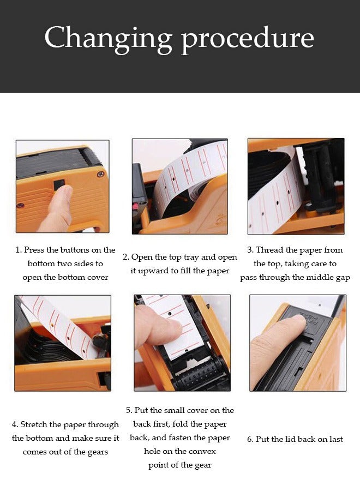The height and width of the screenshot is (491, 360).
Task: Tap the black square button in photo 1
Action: pyautogui.click(x=58, y=184)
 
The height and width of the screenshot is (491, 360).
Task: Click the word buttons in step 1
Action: pyautogui.click(x=75, y=250)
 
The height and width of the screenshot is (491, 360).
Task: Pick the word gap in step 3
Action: pyautogui.click(x=343, y=278)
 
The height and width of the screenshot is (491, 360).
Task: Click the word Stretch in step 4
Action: pyautogui.click(x=34, y=424)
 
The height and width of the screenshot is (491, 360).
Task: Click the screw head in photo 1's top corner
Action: pyautogui.click(x=100, y=174)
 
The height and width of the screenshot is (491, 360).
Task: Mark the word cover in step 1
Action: pyautogui.click(x=97, y=278)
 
